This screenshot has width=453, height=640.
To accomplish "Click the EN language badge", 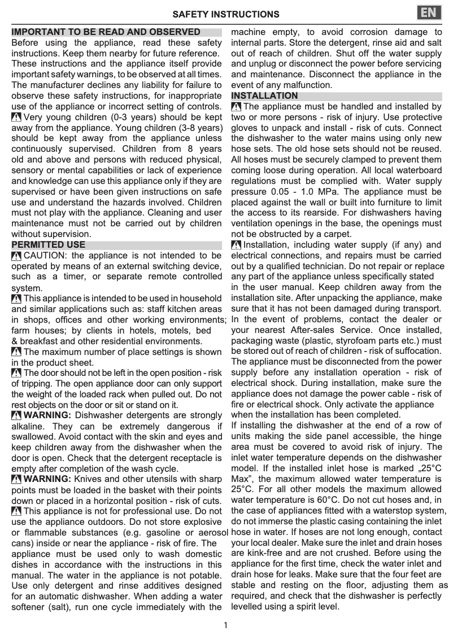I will tap(429, 13).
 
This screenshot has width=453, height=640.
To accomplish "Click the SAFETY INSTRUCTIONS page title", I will tap(226, 14).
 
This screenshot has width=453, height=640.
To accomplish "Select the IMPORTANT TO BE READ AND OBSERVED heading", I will tap(106, 32).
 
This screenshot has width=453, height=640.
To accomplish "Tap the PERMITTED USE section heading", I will tap(49, 245).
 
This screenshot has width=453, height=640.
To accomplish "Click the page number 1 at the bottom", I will tap(225, 625).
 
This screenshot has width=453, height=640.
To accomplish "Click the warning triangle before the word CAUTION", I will tap(16, 256).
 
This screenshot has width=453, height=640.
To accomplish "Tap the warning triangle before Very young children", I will tap(16, 117).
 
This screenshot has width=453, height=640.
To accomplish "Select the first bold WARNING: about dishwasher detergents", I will tap(48, 416).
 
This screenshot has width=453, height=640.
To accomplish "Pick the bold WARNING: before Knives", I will tap(48, 479).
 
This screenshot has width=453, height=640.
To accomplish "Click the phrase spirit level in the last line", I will tap(317, 607).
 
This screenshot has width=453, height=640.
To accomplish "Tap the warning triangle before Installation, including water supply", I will tap(236, 245).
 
